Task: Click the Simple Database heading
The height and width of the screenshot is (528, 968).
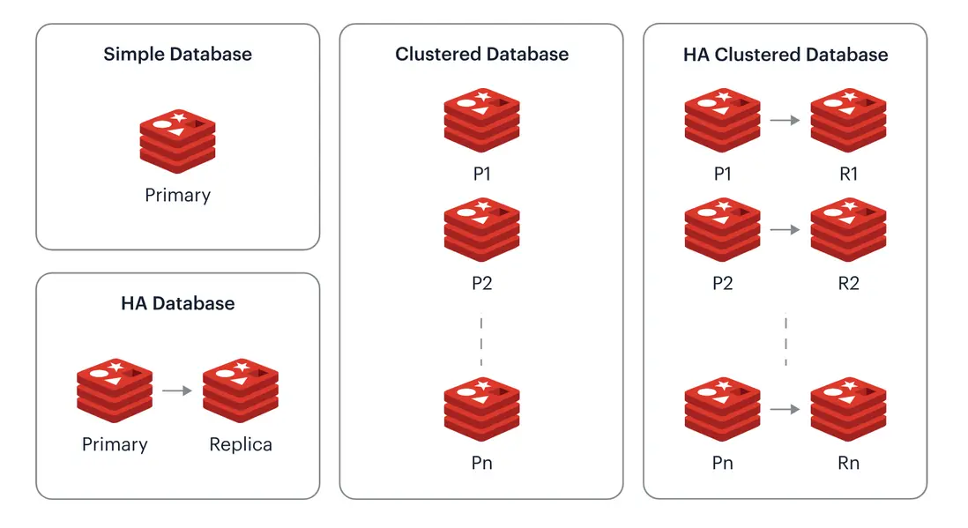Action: click(177, 55)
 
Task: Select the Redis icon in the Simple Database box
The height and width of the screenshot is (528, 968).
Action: click(177, 137)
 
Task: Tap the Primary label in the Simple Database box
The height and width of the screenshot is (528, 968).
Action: click(177, 195)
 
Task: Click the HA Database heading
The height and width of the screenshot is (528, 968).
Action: click(177, 304)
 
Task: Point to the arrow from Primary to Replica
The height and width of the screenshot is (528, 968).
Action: click(177, 390)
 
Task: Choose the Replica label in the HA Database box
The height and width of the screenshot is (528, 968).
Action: click(241, 444)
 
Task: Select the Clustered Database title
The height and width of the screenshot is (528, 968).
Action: click(481, 55)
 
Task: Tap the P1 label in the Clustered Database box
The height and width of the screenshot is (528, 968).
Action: click(481, 175)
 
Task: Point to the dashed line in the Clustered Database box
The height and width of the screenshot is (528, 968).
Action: click(481, 341)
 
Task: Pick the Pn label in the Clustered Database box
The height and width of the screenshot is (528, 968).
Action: click(481, 463)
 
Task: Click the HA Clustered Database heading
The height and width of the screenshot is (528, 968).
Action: click(786, 55)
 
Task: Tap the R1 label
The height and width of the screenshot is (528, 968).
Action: click(848, 175)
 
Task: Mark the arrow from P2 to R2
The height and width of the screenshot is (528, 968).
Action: click(785, 230)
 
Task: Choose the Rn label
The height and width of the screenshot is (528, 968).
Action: click(848, 463)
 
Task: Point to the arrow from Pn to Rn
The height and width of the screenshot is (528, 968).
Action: click(785, 409)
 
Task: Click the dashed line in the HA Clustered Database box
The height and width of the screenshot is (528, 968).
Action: click(786, 341)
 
